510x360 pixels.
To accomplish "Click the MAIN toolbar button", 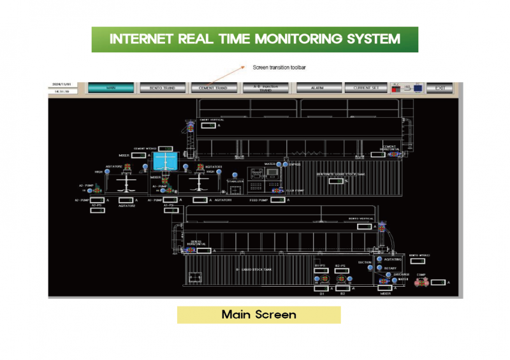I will coord(112,88).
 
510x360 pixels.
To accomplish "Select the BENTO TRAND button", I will coord(162,88).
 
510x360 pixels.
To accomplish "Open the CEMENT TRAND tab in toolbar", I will coord(213,88).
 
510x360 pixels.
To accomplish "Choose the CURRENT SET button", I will coord(366,88).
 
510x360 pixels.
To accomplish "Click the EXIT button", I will coord(439,88).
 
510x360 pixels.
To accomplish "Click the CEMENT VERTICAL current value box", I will coord(208,126).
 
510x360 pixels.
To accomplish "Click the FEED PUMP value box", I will coord(278,200).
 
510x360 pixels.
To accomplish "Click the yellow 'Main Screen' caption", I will coord(258,315).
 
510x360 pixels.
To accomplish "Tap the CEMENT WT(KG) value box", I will coord(166,148).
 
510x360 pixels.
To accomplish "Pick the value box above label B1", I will coord(323,289).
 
